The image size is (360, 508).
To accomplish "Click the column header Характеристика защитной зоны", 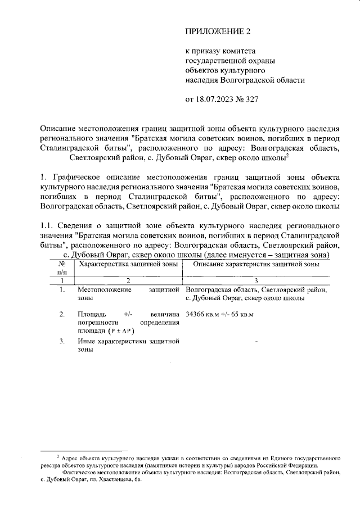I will pos(128,264).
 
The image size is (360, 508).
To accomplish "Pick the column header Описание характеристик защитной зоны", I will pos(256,264).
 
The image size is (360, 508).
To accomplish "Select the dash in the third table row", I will pos(256,341).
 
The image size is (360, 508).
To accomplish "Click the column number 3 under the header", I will pos(256,280).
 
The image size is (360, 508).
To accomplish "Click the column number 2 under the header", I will pos(128,280).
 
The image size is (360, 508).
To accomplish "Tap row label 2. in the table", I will pos(62,314).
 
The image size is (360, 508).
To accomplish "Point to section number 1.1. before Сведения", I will pos(49,226).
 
